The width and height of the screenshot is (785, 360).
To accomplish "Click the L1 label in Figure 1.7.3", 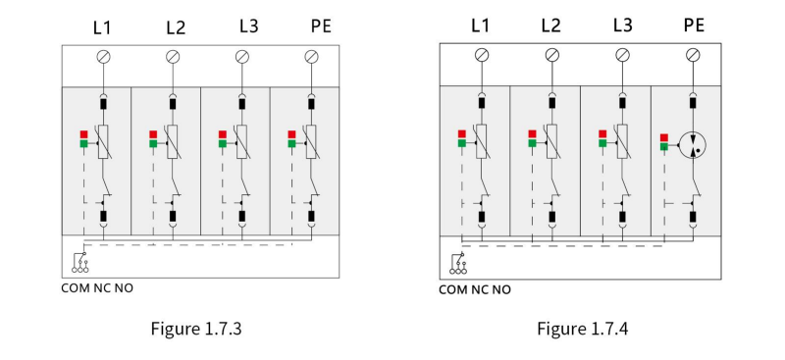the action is [102, 27].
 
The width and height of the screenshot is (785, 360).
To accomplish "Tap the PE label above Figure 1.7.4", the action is [694, 26].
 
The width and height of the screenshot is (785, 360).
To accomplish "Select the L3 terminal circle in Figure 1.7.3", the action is [242, 57].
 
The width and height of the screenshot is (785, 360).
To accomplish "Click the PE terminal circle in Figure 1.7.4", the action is [693, 55].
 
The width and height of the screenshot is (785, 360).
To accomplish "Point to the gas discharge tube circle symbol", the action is [693, 145].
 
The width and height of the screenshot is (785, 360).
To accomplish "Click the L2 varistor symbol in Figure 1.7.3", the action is [173, 141].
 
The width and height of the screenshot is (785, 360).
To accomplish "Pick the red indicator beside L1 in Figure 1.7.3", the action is [84, 134].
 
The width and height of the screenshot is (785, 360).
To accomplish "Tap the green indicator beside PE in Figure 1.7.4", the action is [664, 147].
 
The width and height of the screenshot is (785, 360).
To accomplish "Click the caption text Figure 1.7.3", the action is [196, 329].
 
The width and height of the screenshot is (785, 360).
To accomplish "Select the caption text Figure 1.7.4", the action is [583, 329].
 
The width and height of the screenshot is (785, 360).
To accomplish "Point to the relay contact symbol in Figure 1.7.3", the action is [80, 263].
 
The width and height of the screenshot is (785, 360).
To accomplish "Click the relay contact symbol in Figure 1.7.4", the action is [458, 264].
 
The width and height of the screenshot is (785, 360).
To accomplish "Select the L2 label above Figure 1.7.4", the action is [550, 26].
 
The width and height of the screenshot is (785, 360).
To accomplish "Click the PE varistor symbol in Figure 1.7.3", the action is [312, 141].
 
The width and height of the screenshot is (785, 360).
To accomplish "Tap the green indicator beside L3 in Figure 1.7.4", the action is [602, 143].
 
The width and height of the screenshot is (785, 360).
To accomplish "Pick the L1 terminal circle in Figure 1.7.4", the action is [482, 55].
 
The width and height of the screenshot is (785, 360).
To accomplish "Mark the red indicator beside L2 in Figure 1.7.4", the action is [533, 133].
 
